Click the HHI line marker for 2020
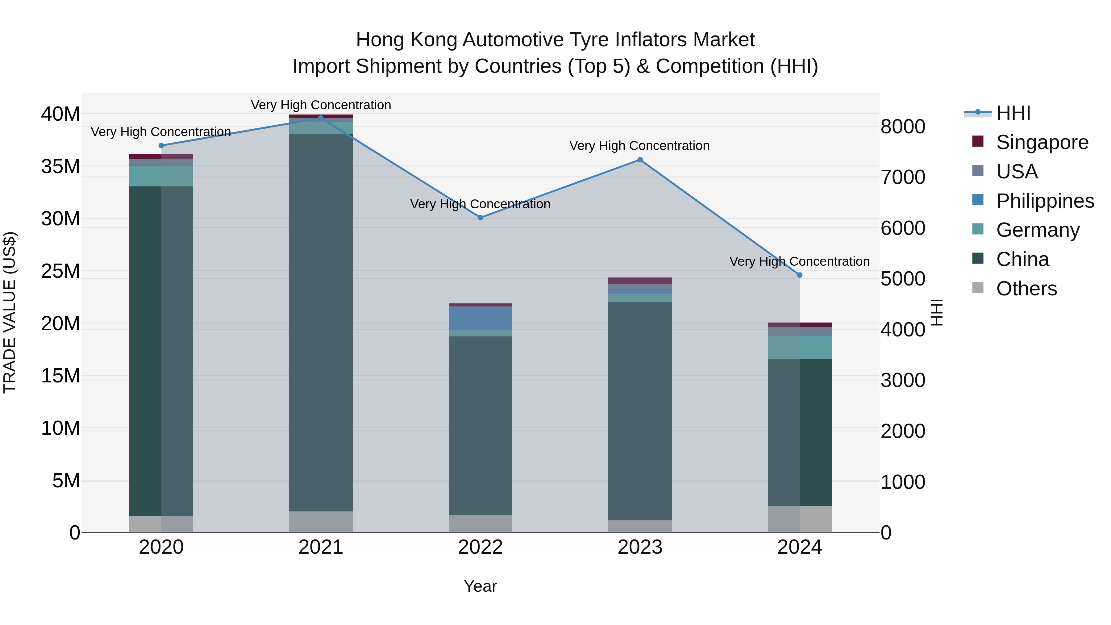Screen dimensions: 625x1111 (161, 145)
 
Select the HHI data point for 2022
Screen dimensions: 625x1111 (481, 218)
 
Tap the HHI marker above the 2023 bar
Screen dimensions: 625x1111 (640, 160)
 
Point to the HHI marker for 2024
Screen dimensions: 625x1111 (800, 275)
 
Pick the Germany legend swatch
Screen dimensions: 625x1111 (978, 229)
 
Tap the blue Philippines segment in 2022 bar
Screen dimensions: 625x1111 (481, 318)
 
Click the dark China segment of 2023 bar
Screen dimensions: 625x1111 (640, 410)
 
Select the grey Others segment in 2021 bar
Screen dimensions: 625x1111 (321, 522)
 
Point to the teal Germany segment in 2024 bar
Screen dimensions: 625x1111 (800, 347)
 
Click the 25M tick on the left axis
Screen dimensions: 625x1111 (60, 271)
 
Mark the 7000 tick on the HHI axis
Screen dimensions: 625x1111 (903, 177)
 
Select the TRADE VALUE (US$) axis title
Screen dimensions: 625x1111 (10, 313)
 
